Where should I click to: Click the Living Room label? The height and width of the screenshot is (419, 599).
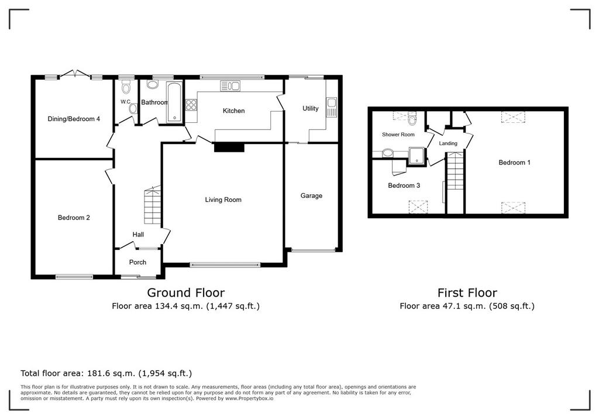pos(223,200)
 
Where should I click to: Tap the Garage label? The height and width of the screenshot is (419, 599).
pos(311,195)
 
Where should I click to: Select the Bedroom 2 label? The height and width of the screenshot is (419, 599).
pos(74,218)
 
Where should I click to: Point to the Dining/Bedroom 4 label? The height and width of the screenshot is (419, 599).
pos(74,119)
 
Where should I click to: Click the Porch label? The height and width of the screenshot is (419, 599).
pos(137,262)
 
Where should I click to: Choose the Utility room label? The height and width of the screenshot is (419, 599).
pos(310,109)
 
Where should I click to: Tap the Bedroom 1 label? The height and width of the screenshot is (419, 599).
pos(515,163)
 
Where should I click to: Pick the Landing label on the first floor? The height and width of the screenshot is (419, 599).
pos(448,143)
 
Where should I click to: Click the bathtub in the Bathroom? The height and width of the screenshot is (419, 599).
pos(174,102)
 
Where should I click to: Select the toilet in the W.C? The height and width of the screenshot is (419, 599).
pos(125,88)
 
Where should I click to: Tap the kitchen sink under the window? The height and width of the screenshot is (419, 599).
pos(230,86)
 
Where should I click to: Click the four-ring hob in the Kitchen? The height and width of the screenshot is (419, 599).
pos(191,105)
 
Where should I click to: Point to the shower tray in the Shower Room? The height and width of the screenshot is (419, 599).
pos(416,156)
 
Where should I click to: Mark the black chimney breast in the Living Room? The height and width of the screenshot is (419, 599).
pos(229,147)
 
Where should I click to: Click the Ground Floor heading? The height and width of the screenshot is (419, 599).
pos(186,293)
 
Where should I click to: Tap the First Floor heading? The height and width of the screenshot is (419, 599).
pos(467,293)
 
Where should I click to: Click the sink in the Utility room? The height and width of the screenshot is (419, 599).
pos(331,107)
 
